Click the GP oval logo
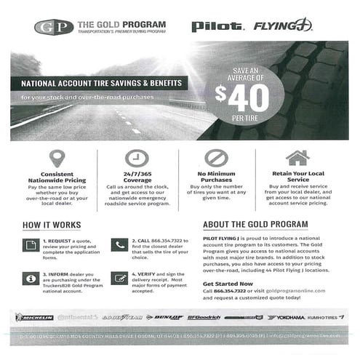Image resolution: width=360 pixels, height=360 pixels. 53,28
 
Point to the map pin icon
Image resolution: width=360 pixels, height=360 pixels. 57,158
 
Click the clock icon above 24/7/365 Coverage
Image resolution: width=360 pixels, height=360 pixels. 137,158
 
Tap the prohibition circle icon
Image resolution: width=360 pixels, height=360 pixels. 216,158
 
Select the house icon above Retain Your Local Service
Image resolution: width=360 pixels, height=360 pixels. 297,157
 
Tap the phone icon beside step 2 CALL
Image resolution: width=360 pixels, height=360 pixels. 120,245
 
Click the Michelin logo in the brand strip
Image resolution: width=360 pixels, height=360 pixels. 34,317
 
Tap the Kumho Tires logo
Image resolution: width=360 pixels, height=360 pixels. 327,317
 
